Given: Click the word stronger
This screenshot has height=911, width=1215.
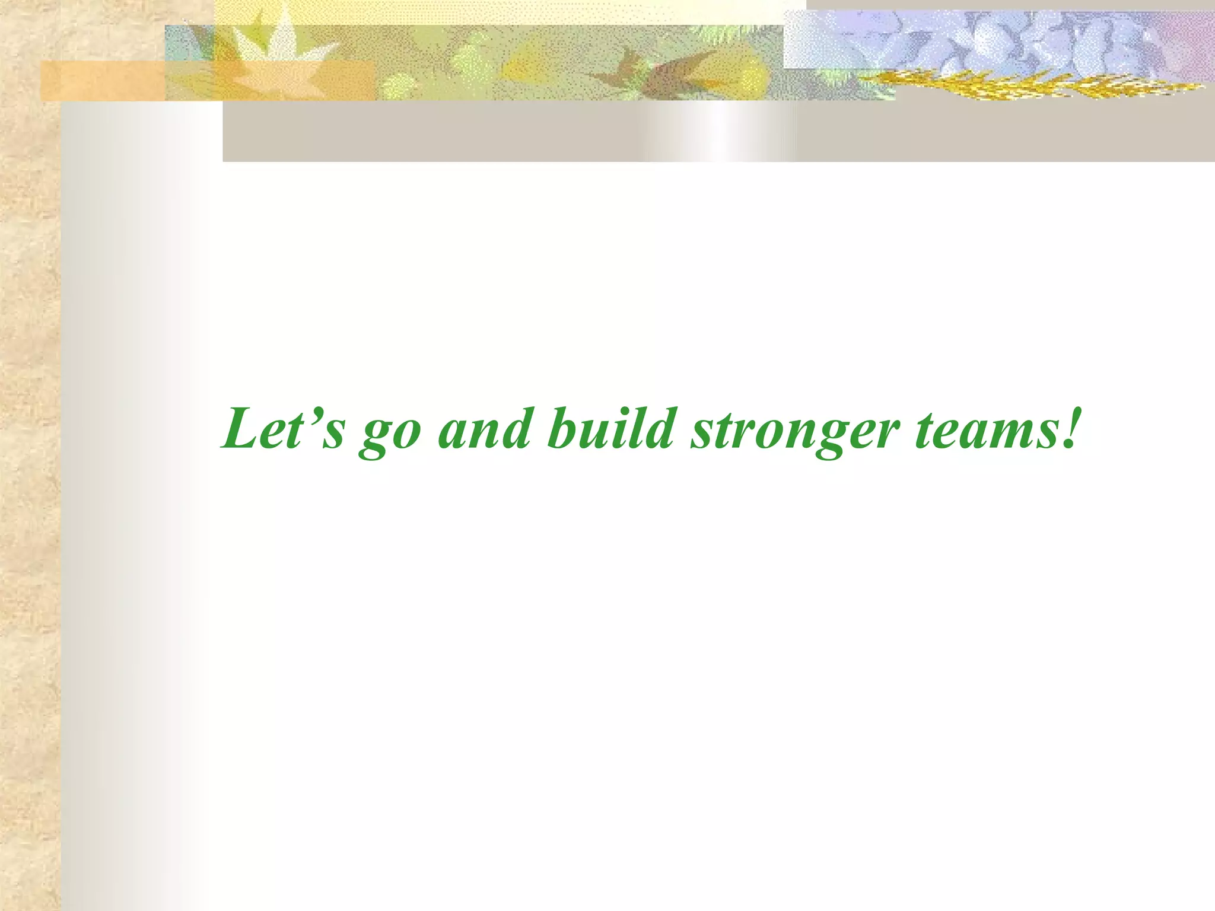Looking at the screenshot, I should click(795, 433).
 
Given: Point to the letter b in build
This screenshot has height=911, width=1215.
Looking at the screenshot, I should click(561, 428).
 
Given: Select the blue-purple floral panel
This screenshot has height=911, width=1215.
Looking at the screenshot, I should click(997, 39).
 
